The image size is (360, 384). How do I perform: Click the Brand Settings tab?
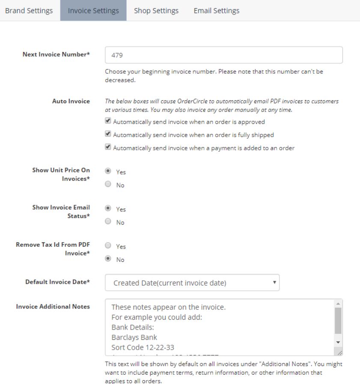(x=29, y=11)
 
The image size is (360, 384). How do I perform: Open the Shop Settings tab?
(x=156, y=11)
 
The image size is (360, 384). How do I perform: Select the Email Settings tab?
(x=216, y=11)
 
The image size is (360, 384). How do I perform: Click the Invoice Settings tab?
(x=93, y=11)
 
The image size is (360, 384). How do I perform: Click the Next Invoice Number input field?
(x=223, y=55)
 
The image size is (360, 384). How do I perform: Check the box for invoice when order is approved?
(x=108, y=121)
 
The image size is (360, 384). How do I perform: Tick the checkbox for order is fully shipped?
(x=108, y=135)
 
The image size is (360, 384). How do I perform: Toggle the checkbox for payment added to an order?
(x=108, y=148)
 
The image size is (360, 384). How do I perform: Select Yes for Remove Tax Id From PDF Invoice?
(x=108, y=246)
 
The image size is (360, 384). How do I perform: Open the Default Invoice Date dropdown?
(x=192, y=283)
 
